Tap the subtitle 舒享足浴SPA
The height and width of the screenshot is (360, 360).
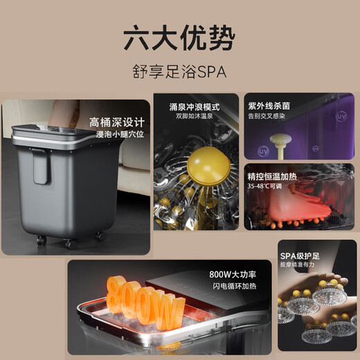179,71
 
